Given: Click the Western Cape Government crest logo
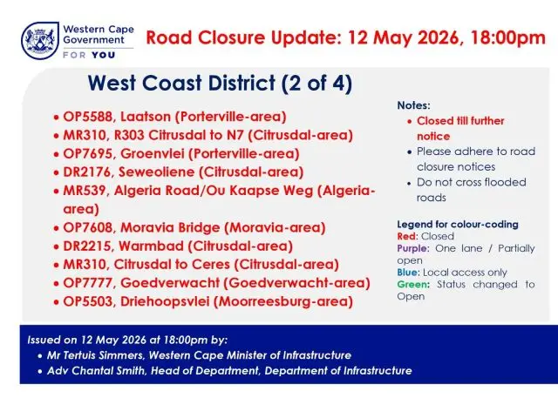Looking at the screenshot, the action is click(x=40, y=41).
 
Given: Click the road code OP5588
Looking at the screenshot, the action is click(x=87, y=117).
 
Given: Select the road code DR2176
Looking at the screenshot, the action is click(x=87, y=172).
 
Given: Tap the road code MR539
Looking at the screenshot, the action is click(x=85, y=191).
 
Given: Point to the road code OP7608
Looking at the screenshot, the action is click(x=87, y=227).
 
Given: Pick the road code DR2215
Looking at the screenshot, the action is click(x=87, y=246).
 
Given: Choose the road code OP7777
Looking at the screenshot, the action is click(x=87, y=283).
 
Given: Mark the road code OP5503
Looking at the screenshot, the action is click(x=87, y=301).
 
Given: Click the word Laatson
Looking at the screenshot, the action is click(x=146, y=117).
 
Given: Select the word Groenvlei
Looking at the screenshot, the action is click(x=153, y=153).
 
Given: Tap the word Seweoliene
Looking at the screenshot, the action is click(x=156, y=172).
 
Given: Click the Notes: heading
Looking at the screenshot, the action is click(x=413, y=105).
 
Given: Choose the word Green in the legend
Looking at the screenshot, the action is click(x=413, y=285).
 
